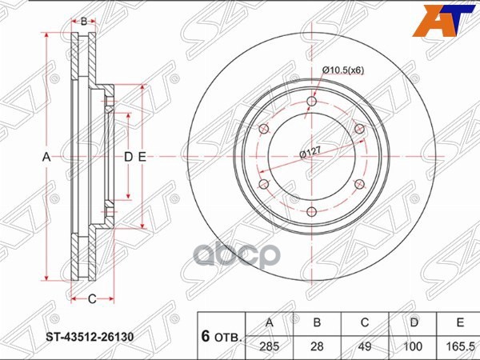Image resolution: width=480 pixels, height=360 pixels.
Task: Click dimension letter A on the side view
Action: pyautogui.click(x=46, y=157)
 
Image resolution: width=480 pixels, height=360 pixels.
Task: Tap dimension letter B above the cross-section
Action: pyautogui.click(x=83, y=22)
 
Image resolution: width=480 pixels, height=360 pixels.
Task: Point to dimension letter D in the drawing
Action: pyautogui.click(x=128, y=157)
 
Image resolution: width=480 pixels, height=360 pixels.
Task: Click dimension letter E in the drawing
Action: pyautogui.click(x=142, y=157)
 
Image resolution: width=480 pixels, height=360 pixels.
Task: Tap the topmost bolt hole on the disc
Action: pyautogui.click(x=311, y=101)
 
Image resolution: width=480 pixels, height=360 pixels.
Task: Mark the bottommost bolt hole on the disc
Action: pyautogui.click(x=311, y=211)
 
